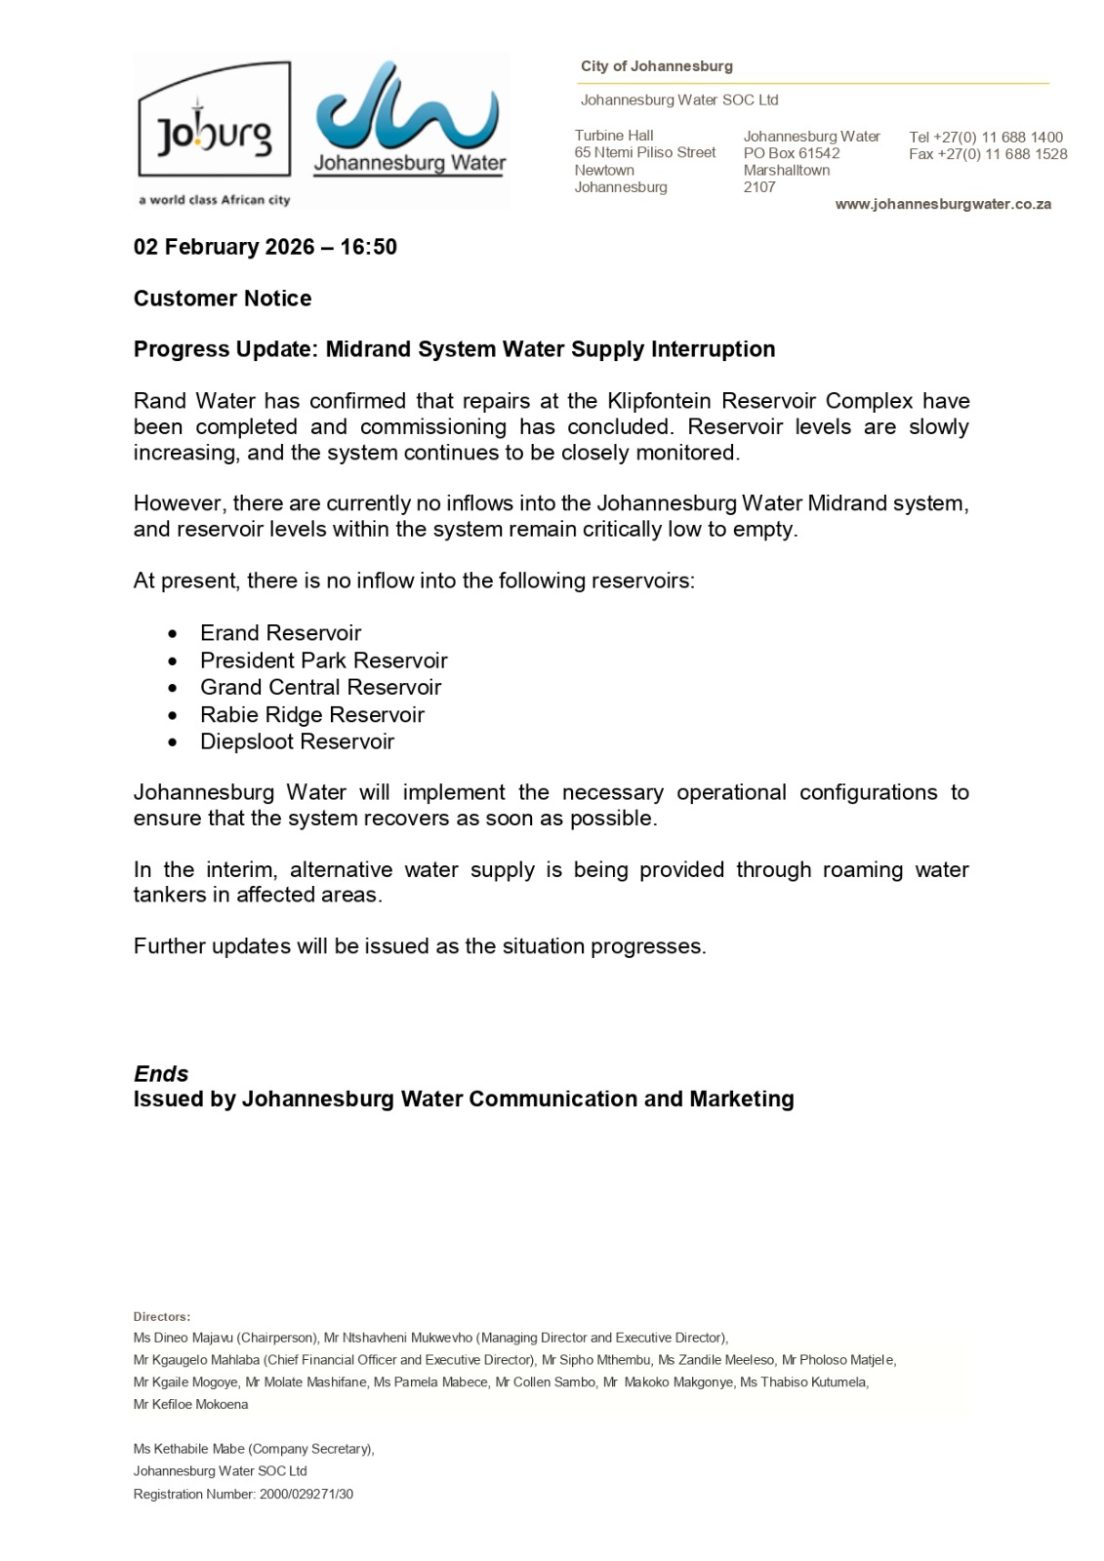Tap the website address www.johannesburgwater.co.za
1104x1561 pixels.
(943, 204)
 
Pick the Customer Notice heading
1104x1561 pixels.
(223, 299)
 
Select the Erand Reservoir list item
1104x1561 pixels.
(280, 633)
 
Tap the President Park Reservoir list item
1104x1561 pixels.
(323, 660)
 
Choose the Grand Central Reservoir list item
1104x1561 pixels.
(320, 687)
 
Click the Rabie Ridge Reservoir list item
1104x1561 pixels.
(312, 714)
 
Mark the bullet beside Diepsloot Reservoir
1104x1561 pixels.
(173, 742)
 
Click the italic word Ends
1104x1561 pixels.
(161, 1074)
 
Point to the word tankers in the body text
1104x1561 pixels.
(170, 895)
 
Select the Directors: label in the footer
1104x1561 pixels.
(162, 1317)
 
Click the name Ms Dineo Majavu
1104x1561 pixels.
(183, 1338)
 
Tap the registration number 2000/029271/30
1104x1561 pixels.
(307, 1494)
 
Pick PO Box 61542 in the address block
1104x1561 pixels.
(792, 153)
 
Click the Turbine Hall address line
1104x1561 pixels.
(614, 136)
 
